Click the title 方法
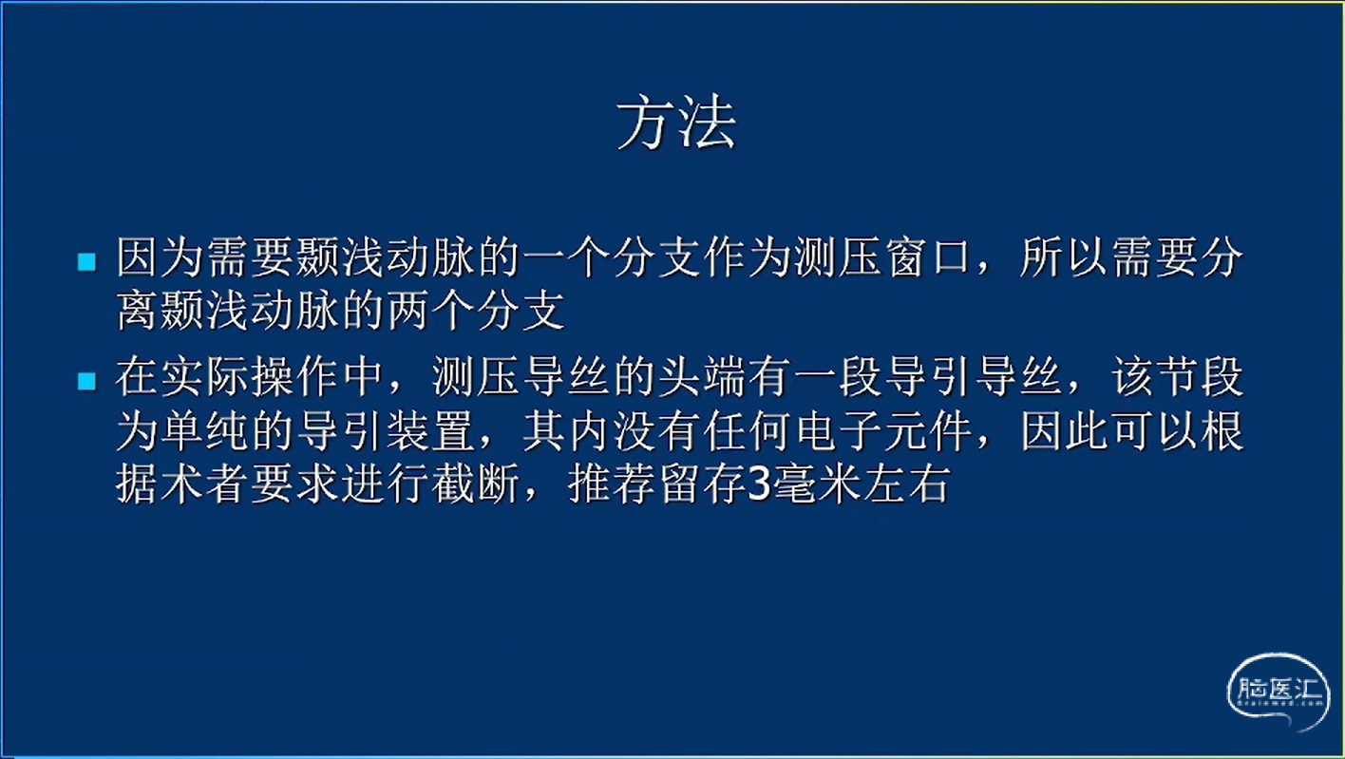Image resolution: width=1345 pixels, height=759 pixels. [676, 123]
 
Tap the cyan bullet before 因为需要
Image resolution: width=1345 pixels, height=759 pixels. [87, 262]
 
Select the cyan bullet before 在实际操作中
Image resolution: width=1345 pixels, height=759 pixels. [87, 381]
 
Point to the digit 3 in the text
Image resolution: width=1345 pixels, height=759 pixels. [760, 485]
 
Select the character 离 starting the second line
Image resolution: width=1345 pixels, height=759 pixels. [138, 311]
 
